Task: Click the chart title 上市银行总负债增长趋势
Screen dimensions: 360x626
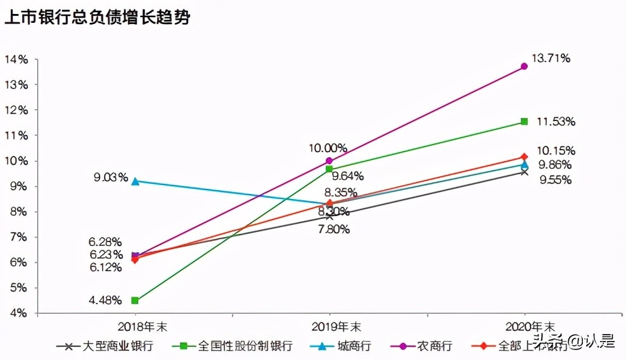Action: click(x=98, y=17)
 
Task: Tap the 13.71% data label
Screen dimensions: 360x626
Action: click(x=551, y=58)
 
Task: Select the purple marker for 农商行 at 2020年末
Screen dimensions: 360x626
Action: click(x=524, y=66)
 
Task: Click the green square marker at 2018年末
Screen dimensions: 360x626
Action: click(x=135, y=300)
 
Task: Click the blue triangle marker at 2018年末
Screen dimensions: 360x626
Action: click(x=135, y=181)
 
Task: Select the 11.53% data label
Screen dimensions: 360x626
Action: click(x=556, y=121)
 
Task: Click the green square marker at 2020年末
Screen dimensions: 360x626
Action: click(x=524, y=121)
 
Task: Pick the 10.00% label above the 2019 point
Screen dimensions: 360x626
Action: click(x=328, y=148)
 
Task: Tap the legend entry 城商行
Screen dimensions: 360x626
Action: click(x=354, y=346)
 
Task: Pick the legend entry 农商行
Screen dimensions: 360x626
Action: click(x=434, y=346)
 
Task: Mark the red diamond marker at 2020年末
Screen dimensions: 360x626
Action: click(x=524, y=157)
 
